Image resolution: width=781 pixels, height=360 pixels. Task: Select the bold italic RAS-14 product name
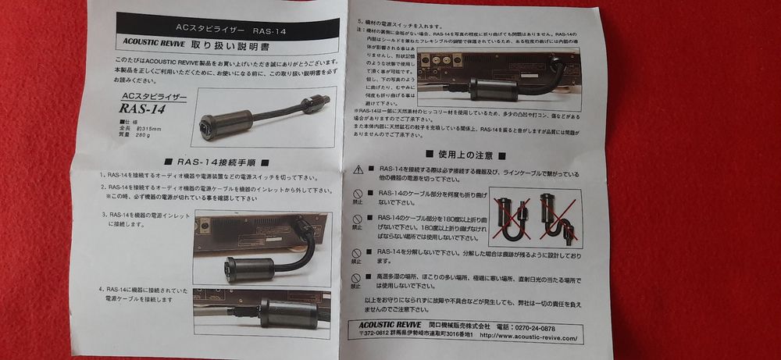(141, 109)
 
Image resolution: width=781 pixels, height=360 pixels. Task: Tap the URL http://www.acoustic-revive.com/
(530, 337)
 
